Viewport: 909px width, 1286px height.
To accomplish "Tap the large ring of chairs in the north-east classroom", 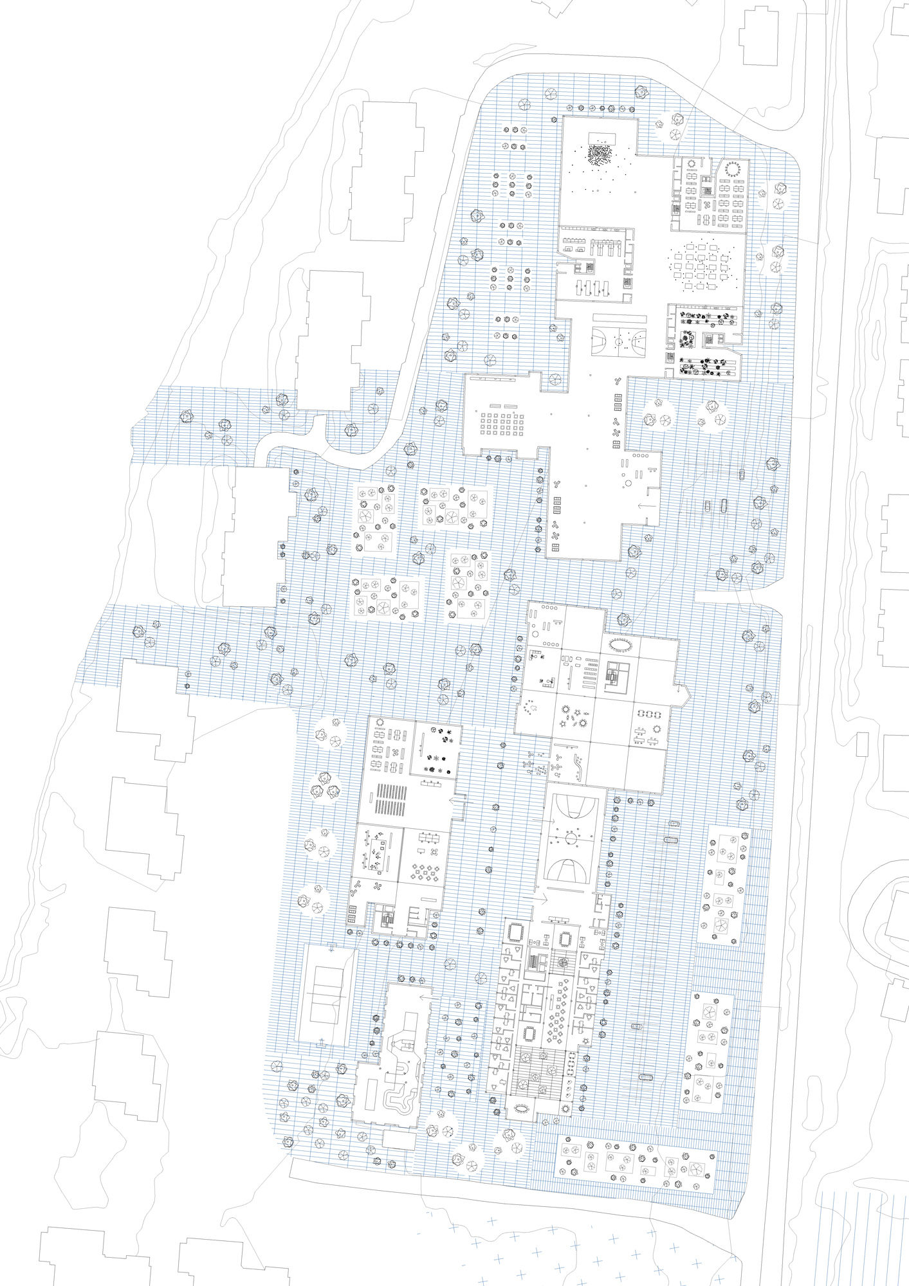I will point(733,170).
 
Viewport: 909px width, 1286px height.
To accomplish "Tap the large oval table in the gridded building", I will point(621,644).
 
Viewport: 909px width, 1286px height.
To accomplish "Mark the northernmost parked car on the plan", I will point(741,475).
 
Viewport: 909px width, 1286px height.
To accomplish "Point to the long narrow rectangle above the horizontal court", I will point(619,318).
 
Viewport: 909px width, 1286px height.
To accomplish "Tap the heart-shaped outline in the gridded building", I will point(529,707).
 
